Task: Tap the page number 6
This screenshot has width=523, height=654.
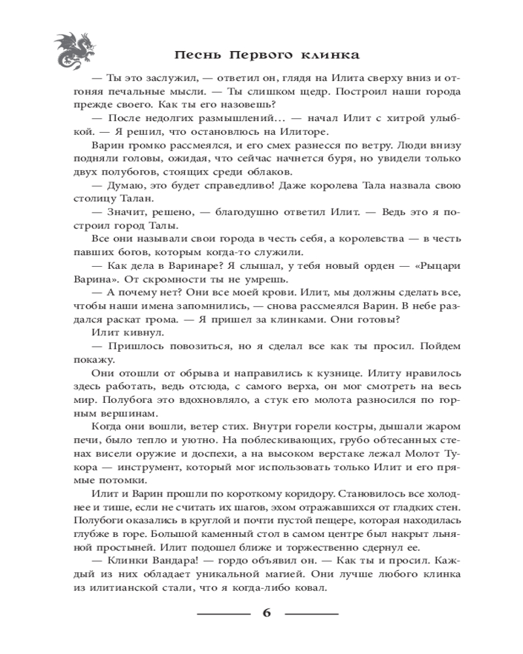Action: [267, 613]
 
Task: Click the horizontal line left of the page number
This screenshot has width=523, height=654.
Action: [224, 614]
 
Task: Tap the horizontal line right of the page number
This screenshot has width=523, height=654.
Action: [311, 614]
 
